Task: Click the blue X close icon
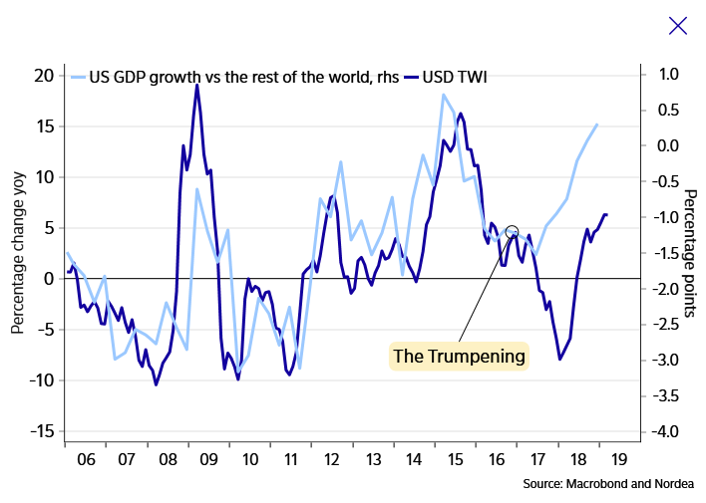(x=678, y=25)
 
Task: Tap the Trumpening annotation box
(x=459, y=356)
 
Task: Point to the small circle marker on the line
(x=513, y=231)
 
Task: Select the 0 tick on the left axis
(x=47, y=279)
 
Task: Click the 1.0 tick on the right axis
(x=661, y=74)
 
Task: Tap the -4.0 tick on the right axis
(x=661, y=431)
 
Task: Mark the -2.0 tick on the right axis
(x=661, y=289)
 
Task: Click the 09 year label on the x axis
(x=208, y=461)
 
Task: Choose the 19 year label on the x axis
(x=618, y=461)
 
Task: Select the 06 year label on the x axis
(x=86, y=461)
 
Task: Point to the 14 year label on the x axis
(x=413, y=461)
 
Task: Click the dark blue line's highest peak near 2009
(x=196, y=86)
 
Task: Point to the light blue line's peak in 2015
(x=443, y=95)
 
